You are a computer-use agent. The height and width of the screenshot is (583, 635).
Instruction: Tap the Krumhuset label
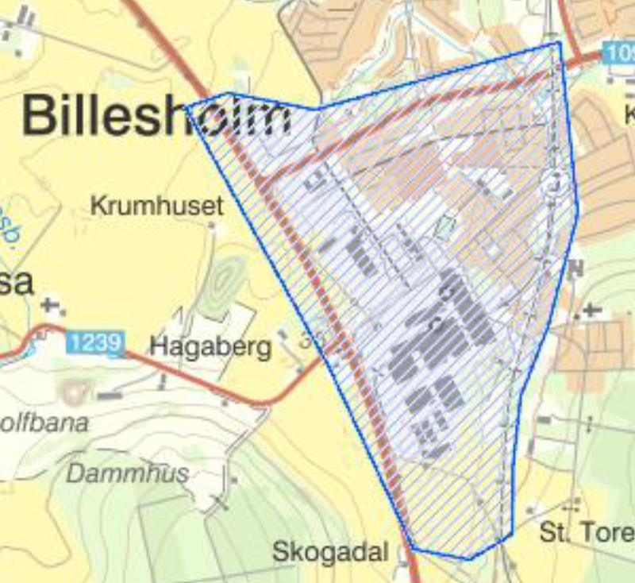(157, 207)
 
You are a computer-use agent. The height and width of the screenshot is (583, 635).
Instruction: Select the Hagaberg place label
(210, 346)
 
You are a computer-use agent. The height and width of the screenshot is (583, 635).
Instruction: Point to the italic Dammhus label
(128, 474)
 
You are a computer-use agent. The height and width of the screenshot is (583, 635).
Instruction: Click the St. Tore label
(586, 531)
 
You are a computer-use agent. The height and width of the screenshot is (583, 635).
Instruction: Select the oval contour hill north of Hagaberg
(225, 279)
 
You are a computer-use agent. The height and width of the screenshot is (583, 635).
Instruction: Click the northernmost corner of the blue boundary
(559, 43)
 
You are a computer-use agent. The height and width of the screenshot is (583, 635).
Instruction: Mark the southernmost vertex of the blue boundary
(470, 558)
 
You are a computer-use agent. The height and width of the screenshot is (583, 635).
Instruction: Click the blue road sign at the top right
(618, 54)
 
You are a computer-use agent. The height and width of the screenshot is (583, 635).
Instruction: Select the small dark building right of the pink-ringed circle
(109, 393)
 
